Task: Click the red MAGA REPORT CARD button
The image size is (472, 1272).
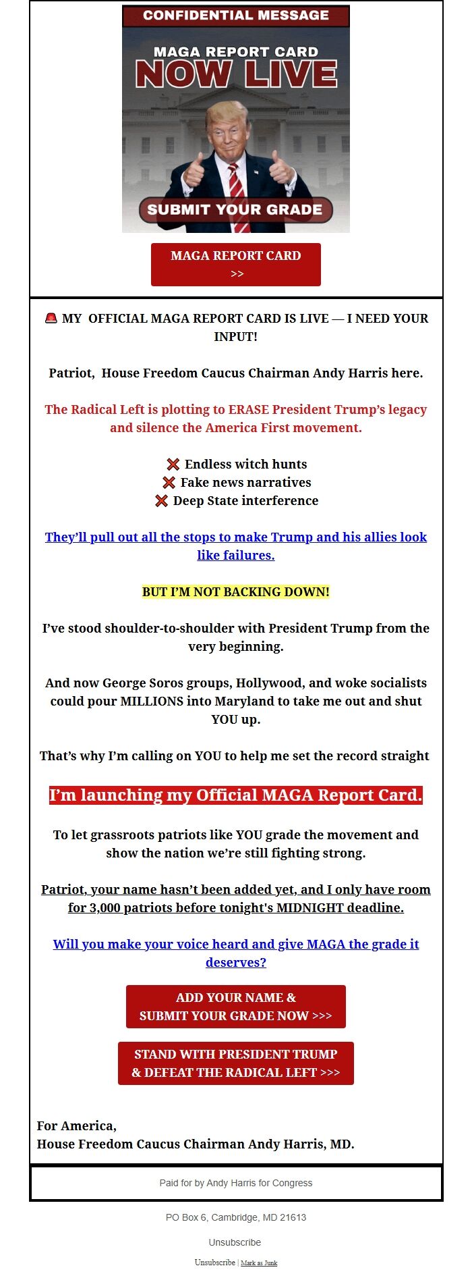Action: click(235, 264)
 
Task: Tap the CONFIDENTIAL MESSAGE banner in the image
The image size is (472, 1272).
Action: click(235, 16)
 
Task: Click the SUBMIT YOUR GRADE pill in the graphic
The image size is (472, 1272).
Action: click(235, 209)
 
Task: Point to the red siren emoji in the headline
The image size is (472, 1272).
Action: click(51, 318)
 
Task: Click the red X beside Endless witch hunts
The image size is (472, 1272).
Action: click(173, 465)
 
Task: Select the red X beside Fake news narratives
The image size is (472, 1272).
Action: click(169, 483)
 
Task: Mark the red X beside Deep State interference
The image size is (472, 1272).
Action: click(162, 501)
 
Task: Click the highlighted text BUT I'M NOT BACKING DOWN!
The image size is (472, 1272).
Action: click(235, 592)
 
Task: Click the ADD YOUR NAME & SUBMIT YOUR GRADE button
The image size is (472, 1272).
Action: click(235, 1006)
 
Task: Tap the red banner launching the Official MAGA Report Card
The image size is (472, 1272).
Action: click(235, 795)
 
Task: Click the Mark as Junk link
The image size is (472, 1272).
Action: click(259, 1263)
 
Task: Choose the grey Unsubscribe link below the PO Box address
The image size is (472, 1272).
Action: click(235, 1242)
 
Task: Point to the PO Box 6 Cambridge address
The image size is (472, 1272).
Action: click(235, 1217)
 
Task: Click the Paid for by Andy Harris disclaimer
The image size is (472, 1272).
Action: click(235, 1183)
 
